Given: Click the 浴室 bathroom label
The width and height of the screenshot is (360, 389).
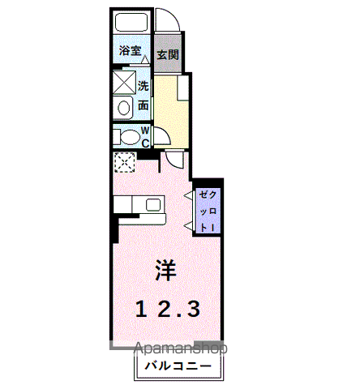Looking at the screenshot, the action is pos(131,50).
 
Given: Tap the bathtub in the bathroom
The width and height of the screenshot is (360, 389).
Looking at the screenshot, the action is pos(131,22).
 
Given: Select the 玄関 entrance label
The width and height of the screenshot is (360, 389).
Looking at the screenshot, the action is pos(168,55).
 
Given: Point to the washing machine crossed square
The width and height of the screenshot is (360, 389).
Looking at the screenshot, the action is pos(124,82).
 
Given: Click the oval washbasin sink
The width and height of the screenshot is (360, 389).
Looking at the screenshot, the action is pos(124,108).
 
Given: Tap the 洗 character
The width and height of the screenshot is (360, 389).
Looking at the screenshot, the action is pos(144,86).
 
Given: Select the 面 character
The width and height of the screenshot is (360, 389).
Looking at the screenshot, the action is pos(144,105).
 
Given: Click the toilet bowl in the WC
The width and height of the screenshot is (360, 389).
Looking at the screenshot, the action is pos(129,137).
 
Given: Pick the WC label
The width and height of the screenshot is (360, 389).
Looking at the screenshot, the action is pos(145,137).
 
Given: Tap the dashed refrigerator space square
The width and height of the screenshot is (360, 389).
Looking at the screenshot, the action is pos(125,162).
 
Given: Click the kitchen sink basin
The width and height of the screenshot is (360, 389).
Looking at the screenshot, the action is pos(153,205).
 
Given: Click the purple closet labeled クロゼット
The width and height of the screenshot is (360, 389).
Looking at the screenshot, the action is pos(208,211).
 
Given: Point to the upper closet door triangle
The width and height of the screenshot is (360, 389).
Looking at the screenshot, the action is pos(189,195).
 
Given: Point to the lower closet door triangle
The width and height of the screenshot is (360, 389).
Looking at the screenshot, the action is pos(189,226).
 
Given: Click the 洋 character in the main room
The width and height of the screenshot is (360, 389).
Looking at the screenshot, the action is pos(165,271).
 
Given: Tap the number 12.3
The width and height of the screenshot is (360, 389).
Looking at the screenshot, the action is pos(168,309).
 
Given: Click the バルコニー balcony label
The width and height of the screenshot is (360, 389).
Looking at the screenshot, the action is pos(178,366).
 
